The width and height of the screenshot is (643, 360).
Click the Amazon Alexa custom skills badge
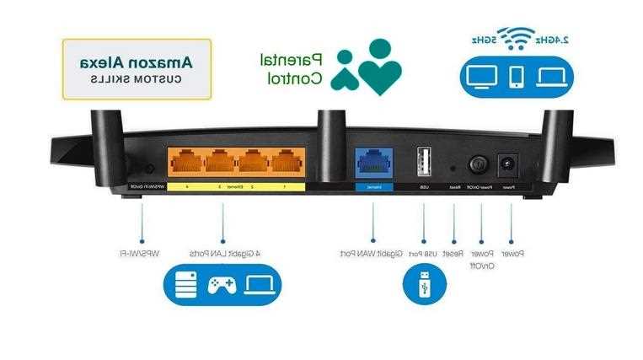point(137,69)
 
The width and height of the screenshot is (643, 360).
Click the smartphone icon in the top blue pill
point(517,77)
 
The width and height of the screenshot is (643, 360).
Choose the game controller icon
point(221,284)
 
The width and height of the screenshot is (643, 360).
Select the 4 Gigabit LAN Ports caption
point(223,253)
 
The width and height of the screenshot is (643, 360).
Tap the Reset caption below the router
point(453,253)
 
